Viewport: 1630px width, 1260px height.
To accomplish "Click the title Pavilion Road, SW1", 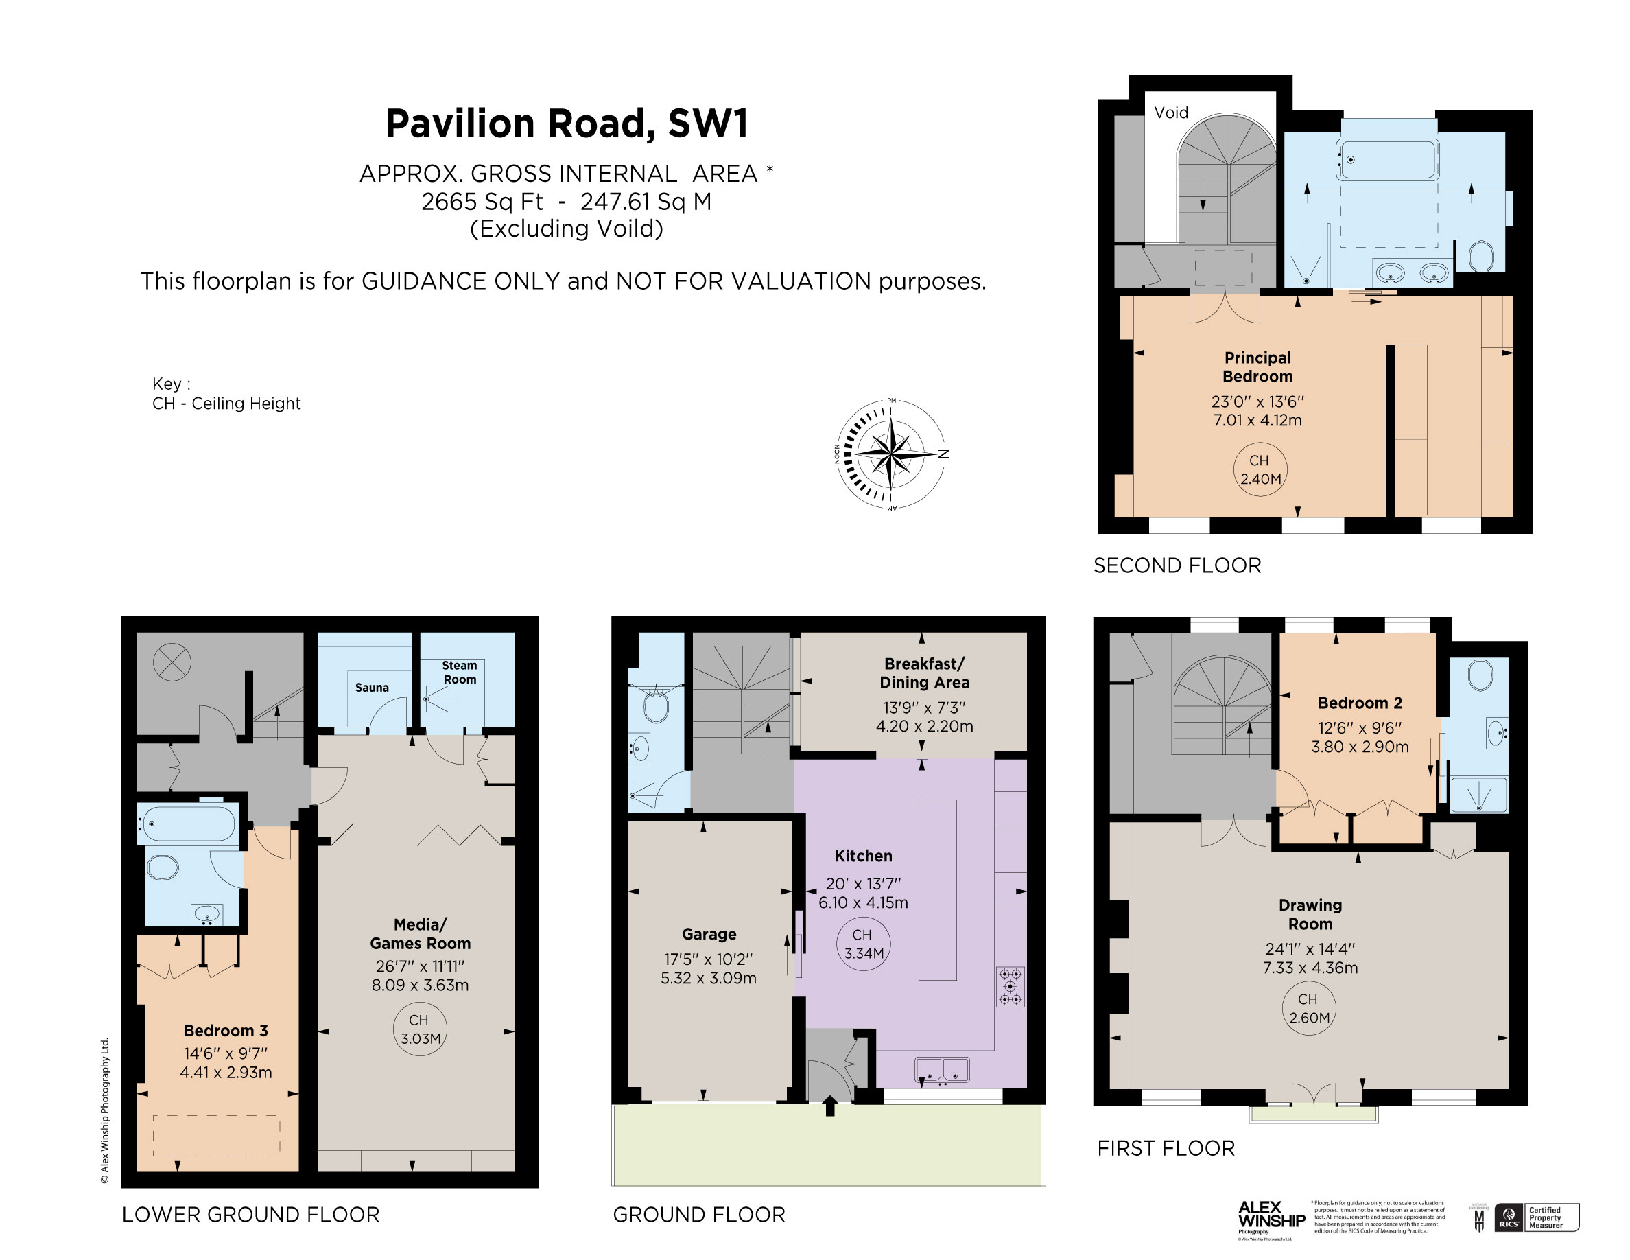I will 567,124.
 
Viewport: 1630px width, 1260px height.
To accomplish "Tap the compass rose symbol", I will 891,454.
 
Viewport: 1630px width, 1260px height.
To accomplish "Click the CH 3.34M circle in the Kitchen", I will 864,944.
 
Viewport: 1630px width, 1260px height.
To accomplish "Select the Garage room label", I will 708,934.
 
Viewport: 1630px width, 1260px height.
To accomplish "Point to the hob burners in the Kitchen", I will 1010,986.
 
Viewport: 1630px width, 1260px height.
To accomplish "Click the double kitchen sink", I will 942,1070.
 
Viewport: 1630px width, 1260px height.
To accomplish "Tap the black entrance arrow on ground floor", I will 830,1105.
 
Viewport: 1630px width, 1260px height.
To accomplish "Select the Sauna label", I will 372,688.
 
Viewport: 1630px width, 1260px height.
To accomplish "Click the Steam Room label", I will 459,672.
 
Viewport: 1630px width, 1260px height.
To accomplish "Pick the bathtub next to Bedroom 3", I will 188,824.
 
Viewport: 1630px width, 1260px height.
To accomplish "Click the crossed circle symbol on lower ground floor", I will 172,662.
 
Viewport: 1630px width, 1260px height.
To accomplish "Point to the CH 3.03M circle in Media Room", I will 420,1029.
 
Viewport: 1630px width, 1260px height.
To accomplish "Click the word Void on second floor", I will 1170,113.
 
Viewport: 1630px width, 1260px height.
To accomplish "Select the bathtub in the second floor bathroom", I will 1386,159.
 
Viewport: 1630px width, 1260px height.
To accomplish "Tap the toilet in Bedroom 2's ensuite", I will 1479,675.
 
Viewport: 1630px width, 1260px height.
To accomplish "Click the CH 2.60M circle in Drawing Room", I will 1309,1008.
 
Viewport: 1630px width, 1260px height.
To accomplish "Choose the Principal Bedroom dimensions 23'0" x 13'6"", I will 1257,401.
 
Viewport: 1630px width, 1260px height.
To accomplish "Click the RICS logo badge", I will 1509,1217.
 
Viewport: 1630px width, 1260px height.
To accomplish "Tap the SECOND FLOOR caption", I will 1177,565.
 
